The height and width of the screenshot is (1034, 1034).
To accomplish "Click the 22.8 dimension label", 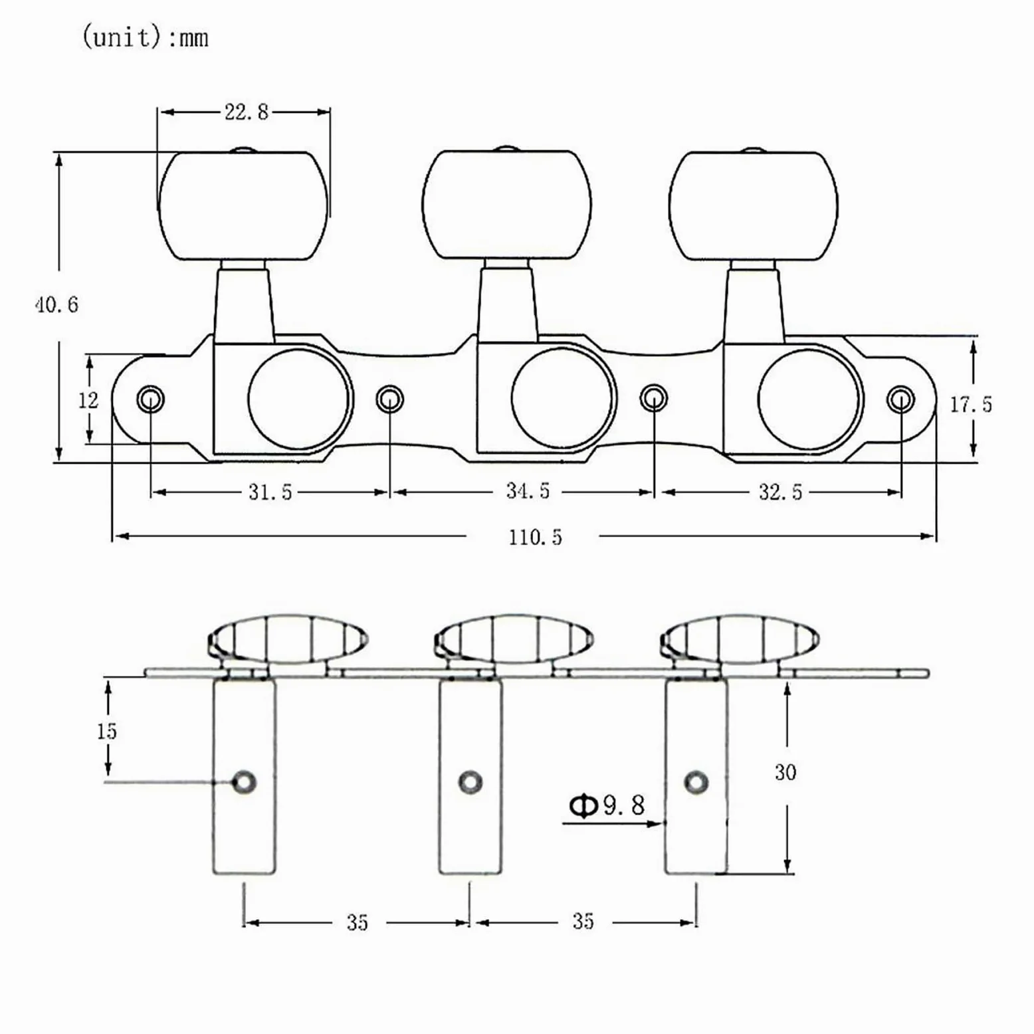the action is [x=246, y=112].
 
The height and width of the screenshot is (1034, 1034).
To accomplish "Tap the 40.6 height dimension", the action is [x=56, y=305].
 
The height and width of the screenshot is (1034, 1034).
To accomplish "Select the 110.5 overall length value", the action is [x=535, y=537].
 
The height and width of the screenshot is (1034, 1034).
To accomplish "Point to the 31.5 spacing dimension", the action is [x=270, y=492].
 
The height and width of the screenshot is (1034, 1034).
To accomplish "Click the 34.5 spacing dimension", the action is [x=528, y=490].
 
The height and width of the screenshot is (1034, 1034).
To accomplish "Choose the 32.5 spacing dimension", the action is [x=780, y=492].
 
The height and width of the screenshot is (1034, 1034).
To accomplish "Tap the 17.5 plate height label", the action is [x=970, y=404].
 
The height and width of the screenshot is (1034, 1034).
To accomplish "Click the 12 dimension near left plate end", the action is [x=88, y=400].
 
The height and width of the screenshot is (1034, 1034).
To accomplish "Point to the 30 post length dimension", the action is [x=785, y=772].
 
